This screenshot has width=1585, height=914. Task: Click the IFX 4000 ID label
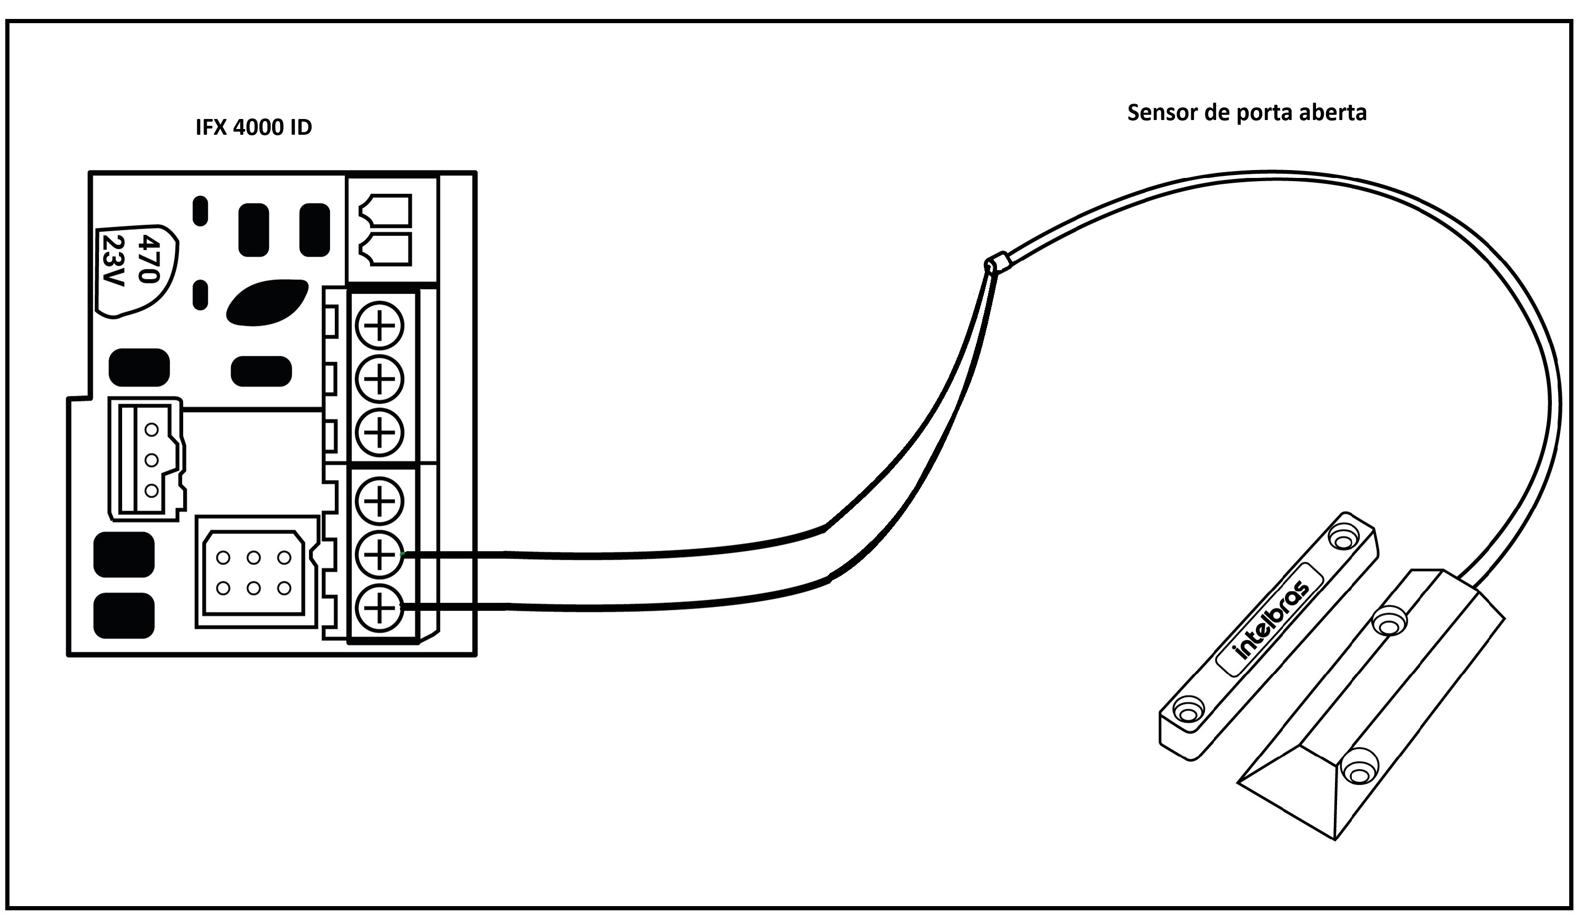[254, 127]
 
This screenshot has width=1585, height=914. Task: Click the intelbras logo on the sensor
[1272, 620]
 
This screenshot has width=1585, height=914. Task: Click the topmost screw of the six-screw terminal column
[379, 326]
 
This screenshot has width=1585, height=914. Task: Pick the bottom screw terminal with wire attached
[379, 608]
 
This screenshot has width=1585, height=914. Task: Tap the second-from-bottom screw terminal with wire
[379, 554]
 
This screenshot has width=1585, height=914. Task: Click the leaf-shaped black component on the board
[267, 303]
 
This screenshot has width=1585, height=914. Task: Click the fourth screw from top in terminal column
[379, 500]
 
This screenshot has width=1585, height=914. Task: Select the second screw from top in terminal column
[379, 379]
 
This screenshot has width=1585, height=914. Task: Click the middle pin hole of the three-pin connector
[151, 460]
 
